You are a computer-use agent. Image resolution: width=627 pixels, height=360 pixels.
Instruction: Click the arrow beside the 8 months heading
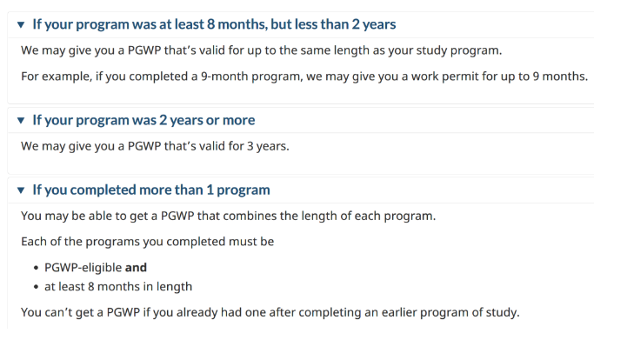[x=21, y=25]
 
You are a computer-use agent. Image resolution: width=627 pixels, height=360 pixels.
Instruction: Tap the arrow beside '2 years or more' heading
[x=21, y=120]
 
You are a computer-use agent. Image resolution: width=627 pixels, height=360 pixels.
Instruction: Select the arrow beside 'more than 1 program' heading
[x=21, y=190]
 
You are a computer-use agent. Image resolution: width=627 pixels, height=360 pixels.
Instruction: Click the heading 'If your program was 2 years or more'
[x=143, y=120]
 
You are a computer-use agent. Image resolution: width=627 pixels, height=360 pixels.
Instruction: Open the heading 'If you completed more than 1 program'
[x=151, y=190]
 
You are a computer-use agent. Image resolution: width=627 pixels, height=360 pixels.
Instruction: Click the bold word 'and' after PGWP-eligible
[x=136, y=267]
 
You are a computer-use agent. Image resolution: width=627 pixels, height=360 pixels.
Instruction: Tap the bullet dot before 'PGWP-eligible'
[x=37, y=268]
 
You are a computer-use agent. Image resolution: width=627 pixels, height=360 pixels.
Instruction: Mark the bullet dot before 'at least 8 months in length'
[x=37, y=287]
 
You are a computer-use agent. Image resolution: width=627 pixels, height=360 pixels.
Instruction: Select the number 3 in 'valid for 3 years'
[x=250, y=146]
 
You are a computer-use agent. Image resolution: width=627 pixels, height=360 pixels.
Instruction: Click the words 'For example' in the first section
[x=57, y=76]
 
